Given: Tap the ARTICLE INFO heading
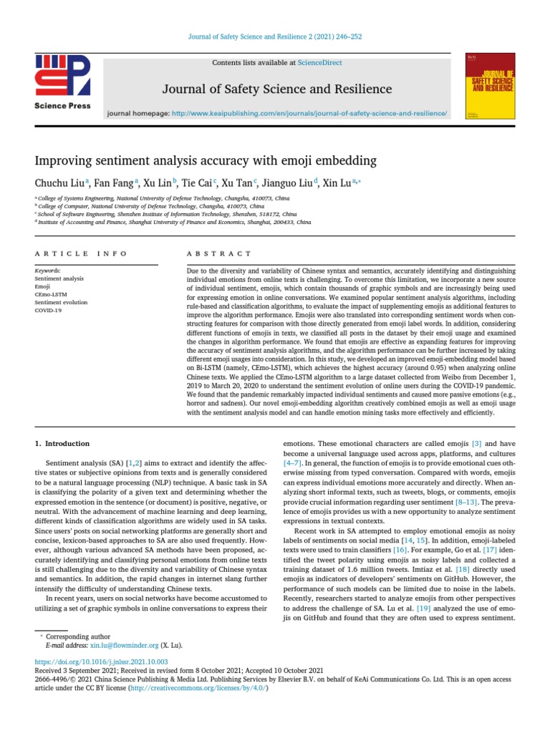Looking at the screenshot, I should [x=81, y=253].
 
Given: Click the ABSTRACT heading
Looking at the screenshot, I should [x=219, y=253].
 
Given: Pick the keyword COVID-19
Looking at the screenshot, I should [x=48, y=310].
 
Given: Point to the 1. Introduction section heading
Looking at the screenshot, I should [x=63, y=444].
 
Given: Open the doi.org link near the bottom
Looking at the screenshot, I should [x=102, y=662].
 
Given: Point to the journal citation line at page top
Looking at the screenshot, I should [x=275, y=37].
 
